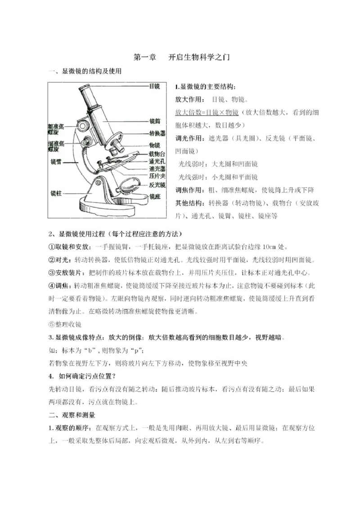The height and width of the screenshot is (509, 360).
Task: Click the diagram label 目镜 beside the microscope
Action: pyautogui.click(x=154, y=86)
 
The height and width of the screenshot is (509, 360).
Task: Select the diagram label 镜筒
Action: pyautogui.click(x=154, y=121)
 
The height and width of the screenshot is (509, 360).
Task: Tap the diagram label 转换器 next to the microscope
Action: pyautogui.click(x=157, y=134)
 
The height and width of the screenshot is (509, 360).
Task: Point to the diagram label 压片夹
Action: pyautogui.click(x=157, y=177)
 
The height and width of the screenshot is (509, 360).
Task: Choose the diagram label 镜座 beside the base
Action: pyautogui.click(x=154, y=196)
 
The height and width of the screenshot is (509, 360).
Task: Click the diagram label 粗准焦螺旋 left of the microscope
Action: pyautogui.click(x=56, y=129)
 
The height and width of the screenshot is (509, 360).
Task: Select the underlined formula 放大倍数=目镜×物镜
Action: pyautogui.click(x=207, y=112)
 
